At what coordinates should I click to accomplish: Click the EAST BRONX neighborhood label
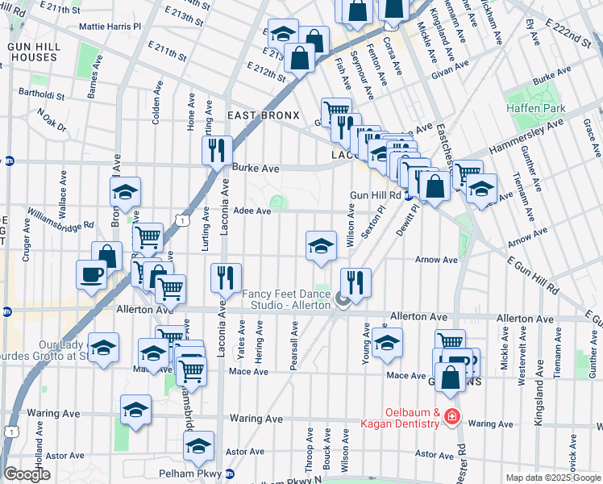pos(263,116)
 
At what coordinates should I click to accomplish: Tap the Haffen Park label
pos(536,109)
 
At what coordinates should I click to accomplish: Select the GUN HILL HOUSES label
pos(32,52)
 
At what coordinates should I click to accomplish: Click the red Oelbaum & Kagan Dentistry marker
pos(452,416)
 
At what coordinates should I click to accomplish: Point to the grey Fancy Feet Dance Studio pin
pos(343,301)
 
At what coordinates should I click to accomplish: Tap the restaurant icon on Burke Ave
pos(216,150)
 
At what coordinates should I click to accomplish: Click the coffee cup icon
pos(92,273)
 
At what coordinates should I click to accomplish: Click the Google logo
pos(27,474)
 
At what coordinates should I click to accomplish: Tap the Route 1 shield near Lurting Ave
pos(185,219)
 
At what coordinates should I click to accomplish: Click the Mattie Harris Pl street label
pos(110,26)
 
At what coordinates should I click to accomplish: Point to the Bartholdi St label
pos(47,94)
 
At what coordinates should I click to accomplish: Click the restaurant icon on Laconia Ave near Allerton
pos(227,278)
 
